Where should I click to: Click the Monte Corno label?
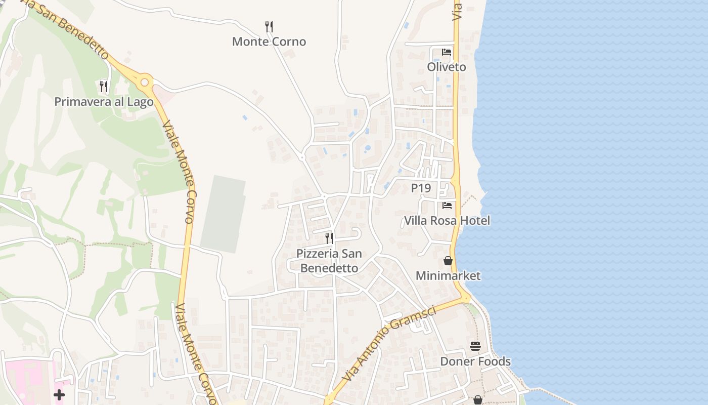click(x=269, y=42)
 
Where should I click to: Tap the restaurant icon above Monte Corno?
click(x=269, y=26)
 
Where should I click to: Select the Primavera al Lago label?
click(x=104, y=102)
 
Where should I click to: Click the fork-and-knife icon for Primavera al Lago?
click(x=104, y=87)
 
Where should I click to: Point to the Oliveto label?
click(x=447, y=67)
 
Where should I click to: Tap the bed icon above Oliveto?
click(x=447, y=52)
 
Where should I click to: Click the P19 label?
click(x=421, y=188)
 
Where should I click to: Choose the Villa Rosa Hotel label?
click(x=447, y=221)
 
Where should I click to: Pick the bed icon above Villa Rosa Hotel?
click(x=447, y=206)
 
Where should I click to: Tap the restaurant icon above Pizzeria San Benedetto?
click(x=329, y=238)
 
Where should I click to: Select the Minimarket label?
click(x=448, y=276)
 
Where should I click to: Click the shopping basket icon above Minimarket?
click(x=448, y=261)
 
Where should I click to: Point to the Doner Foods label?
click(x=475, y=361)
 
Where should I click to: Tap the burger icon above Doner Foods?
click(x=475, y=346)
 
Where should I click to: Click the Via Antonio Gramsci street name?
click(x=388, y=344)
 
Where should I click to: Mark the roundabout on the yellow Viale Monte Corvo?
click(x=145, y=82)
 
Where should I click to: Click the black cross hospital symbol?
click(x=59, y=395)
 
